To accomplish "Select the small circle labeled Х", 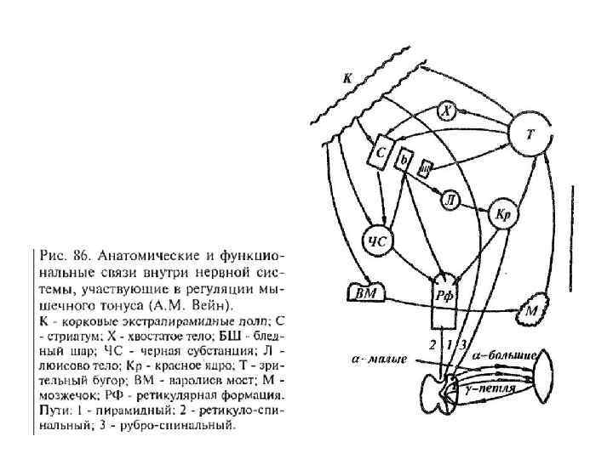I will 449,110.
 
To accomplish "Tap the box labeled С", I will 381,153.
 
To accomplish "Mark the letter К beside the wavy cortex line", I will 347,78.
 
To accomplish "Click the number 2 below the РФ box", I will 433,344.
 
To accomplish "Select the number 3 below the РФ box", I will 461,344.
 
